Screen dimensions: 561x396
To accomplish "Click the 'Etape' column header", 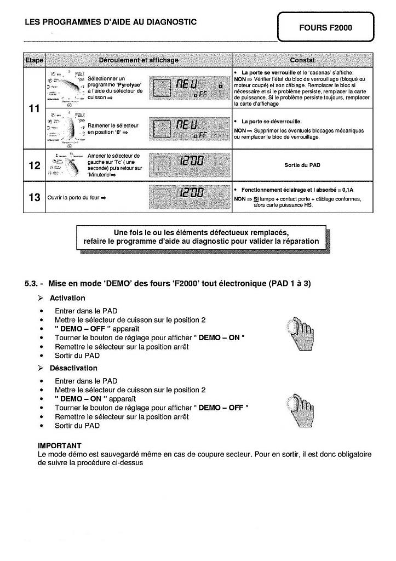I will coord(34,60).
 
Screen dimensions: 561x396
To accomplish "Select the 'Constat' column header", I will coord(302,60).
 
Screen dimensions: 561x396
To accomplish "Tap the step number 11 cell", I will coord(34,108).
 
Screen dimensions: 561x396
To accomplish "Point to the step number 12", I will coord(34,164).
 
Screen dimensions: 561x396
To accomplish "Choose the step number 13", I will coord(34,197).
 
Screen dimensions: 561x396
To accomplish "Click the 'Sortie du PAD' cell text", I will coord(302,164).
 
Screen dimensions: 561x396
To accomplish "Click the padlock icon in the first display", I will coord(220,85).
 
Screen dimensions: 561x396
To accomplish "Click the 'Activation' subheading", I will coord(67,298).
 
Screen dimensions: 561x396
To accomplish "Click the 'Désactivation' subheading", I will coord(73,368).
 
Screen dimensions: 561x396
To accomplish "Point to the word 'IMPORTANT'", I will coord(60,446).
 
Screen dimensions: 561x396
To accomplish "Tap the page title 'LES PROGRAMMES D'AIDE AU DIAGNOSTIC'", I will coord(111,22).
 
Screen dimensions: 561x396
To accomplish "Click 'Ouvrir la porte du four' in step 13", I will coord(73,197).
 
